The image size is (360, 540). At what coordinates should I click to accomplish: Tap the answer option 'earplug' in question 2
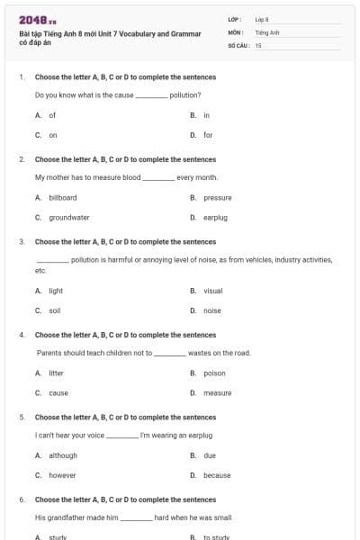click(x=215, y=217)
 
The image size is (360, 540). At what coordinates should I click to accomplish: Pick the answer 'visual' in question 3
click(x=212, y=291)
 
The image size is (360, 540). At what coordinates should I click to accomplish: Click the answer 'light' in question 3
click(x=56, y=291)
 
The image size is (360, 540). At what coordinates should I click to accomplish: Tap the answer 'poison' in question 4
click(x=214, y=373)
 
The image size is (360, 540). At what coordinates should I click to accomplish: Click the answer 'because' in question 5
click(x=216, y=475)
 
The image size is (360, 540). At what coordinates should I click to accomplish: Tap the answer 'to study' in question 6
click(x=216, y=537)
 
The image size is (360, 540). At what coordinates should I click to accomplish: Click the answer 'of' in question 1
click(x=52, y=115)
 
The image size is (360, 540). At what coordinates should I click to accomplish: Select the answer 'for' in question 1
click(x=208, y=135)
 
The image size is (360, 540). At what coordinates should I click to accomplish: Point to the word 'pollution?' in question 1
click(x=184, y=94)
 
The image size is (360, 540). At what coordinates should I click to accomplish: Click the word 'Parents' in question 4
click(x=49, y=353)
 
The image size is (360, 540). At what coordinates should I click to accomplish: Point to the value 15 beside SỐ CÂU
click(x=258, y=44)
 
